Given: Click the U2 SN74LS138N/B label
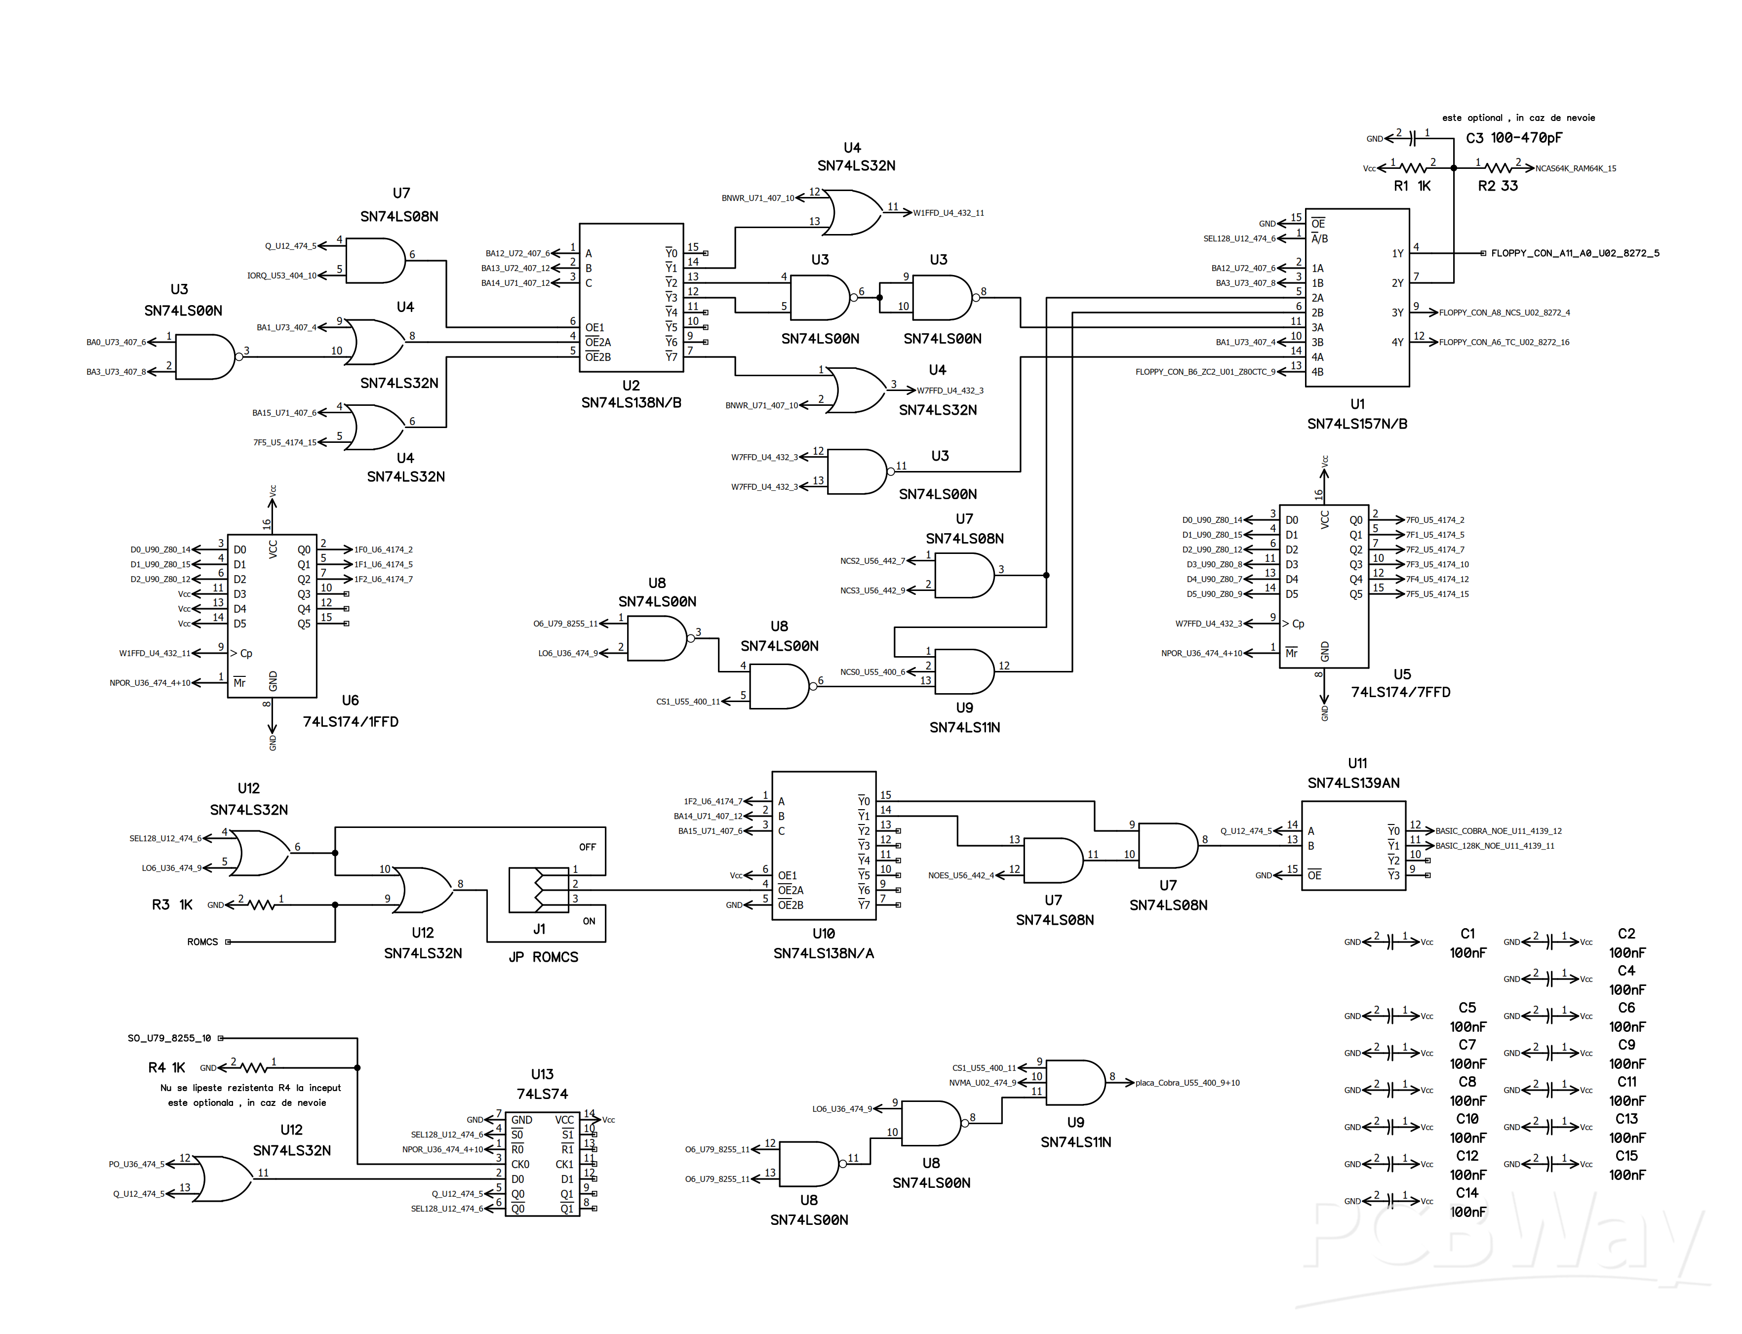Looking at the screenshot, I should pos(631,394).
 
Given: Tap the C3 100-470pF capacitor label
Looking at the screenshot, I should pos(1513,138).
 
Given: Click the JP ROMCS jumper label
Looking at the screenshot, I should pos(543,957).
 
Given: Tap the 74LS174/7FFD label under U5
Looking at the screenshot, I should pos(1401,692).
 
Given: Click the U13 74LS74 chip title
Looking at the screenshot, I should pos(542,1084).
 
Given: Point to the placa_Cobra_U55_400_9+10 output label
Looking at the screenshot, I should pos(1187,1082).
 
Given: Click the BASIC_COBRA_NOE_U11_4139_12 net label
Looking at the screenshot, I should pos(1498,830).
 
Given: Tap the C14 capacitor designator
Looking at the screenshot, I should pos(1466,1193).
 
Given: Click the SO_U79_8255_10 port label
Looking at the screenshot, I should pos(169,1038).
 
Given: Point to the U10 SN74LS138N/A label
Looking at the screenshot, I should pos(824,943).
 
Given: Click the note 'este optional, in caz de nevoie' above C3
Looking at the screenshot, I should pos(1518,118).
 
